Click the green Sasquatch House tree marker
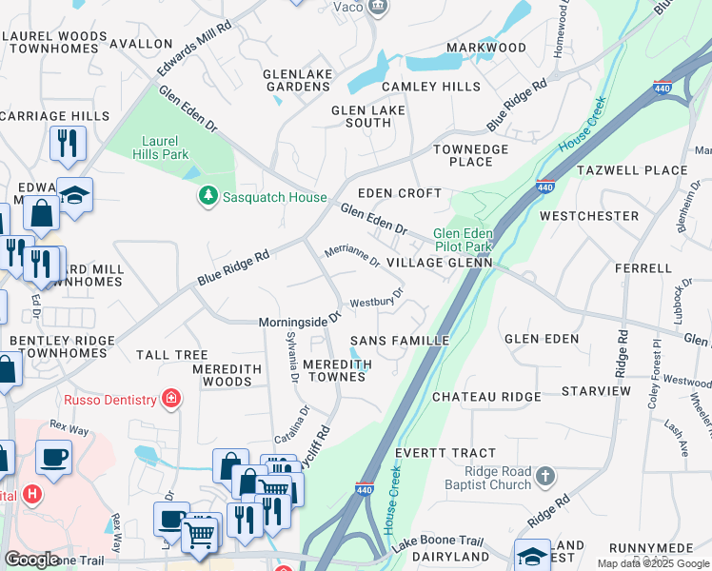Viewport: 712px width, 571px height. [208, 196]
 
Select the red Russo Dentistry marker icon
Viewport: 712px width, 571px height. [171, 397]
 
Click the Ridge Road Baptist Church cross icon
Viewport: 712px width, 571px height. [544, 474]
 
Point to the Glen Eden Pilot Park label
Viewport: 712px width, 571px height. [464, 240]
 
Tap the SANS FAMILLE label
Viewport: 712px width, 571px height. [400, 340]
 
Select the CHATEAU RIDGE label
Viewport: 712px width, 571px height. [486, 396]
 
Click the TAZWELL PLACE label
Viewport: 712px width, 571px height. [632, 170]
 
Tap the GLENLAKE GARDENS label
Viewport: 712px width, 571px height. [297, 79]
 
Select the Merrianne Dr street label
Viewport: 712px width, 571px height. [352, 255]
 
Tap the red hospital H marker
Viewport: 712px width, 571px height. [32, 495]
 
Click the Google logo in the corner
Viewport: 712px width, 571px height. [32, 559]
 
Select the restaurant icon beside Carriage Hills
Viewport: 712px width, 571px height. [68, 143]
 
